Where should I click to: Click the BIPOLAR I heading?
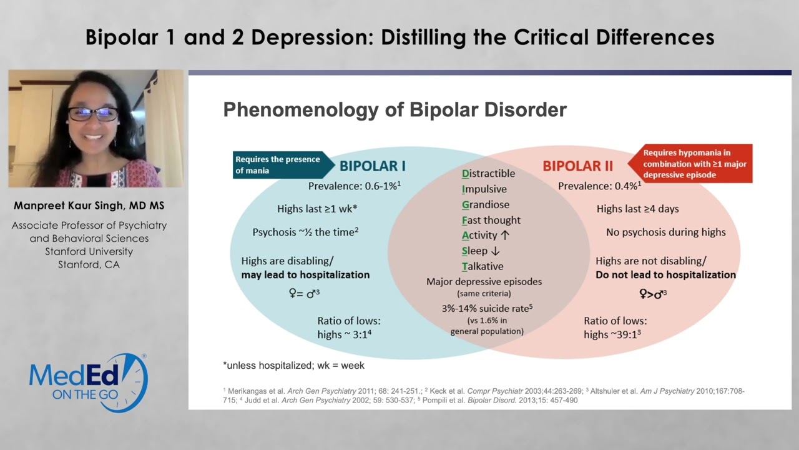[372, 166]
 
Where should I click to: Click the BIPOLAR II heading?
[577, 166]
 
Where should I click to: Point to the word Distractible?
[488, 173]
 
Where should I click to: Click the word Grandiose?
[485, 204]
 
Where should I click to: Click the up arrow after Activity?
[505, 235]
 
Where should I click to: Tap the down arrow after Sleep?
[495, 251]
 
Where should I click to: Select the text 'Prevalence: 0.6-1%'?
[353, 186]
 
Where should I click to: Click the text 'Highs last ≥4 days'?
[637, 209]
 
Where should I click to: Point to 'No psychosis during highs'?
[665, 232]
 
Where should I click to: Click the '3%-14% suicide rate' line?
[486, 308]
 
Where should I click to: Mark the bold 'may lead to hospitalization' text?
[305, 274]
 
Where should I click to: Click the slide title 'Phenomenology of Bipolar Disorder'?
[395, 110]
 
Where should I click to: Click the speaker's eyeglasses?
[94, 114]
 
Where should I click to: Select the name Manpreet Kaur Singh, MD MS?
[89, 206]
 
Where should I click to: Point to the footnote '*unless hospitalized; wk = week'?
[293, 365]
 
